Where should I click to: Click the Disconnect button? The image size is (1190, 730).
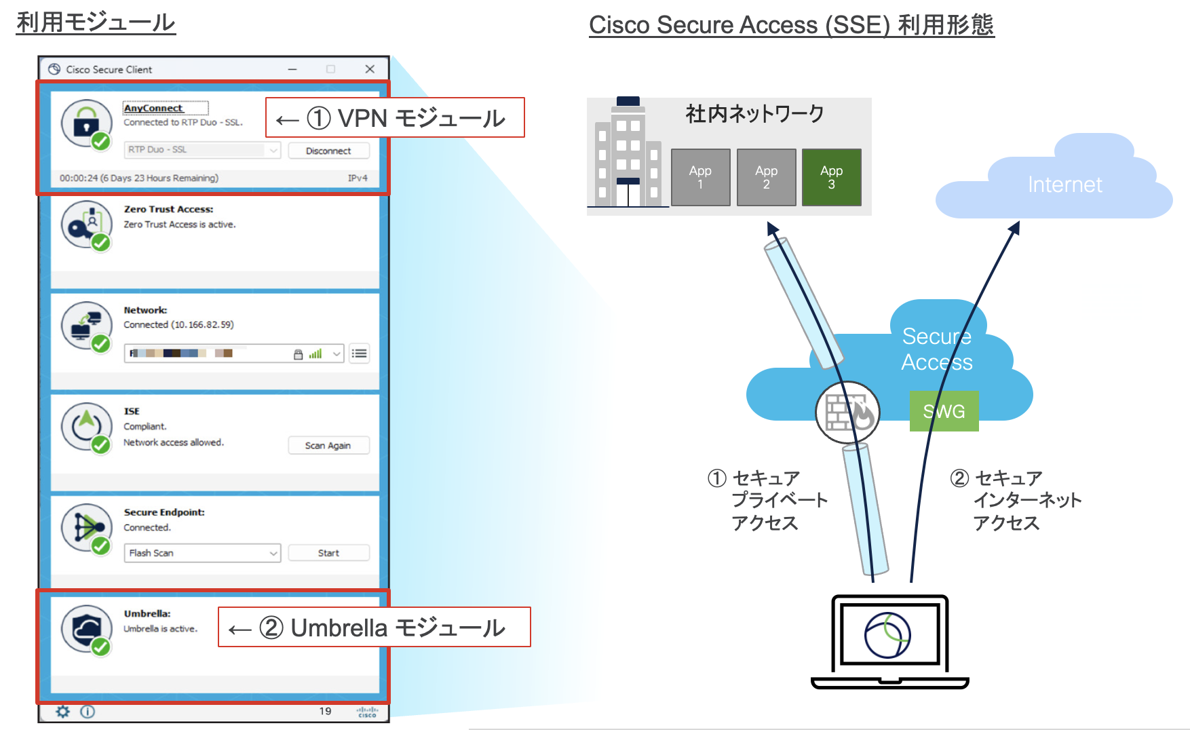328,151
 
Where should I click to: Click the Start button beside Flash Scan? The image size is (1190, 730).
328,553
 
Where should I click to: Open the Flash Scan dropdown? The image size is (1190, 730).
201,553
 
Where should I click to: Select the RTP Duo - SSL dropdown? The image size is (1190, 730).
201,150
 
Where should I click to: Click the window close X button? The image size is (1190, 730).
370,69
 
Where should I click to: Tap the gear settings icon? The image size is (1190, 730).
63,711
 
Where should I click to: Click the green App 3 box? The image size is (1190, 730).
831,177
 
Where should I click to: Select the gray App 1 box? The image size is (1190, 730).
700,177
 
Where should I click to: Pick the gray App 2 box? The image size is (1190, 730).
766,177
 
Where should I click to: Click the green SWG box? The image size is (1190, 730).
944,411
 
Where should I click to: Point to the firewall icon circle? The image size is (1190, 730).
847,412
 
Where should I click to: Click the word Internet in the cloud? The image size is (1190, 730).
1064,185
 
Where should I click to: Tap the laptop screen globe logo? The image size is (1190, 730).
887,635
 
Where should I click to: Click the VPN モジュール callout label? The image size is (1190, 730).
395,118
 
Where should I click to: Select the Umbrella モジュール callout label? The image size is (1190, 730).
374,628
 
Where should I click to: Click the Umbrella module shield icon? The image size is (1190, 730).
85,628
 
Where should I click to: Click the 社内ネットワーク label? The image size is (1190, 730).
754,114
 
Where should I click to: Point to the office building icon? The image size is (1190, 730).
627,155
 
